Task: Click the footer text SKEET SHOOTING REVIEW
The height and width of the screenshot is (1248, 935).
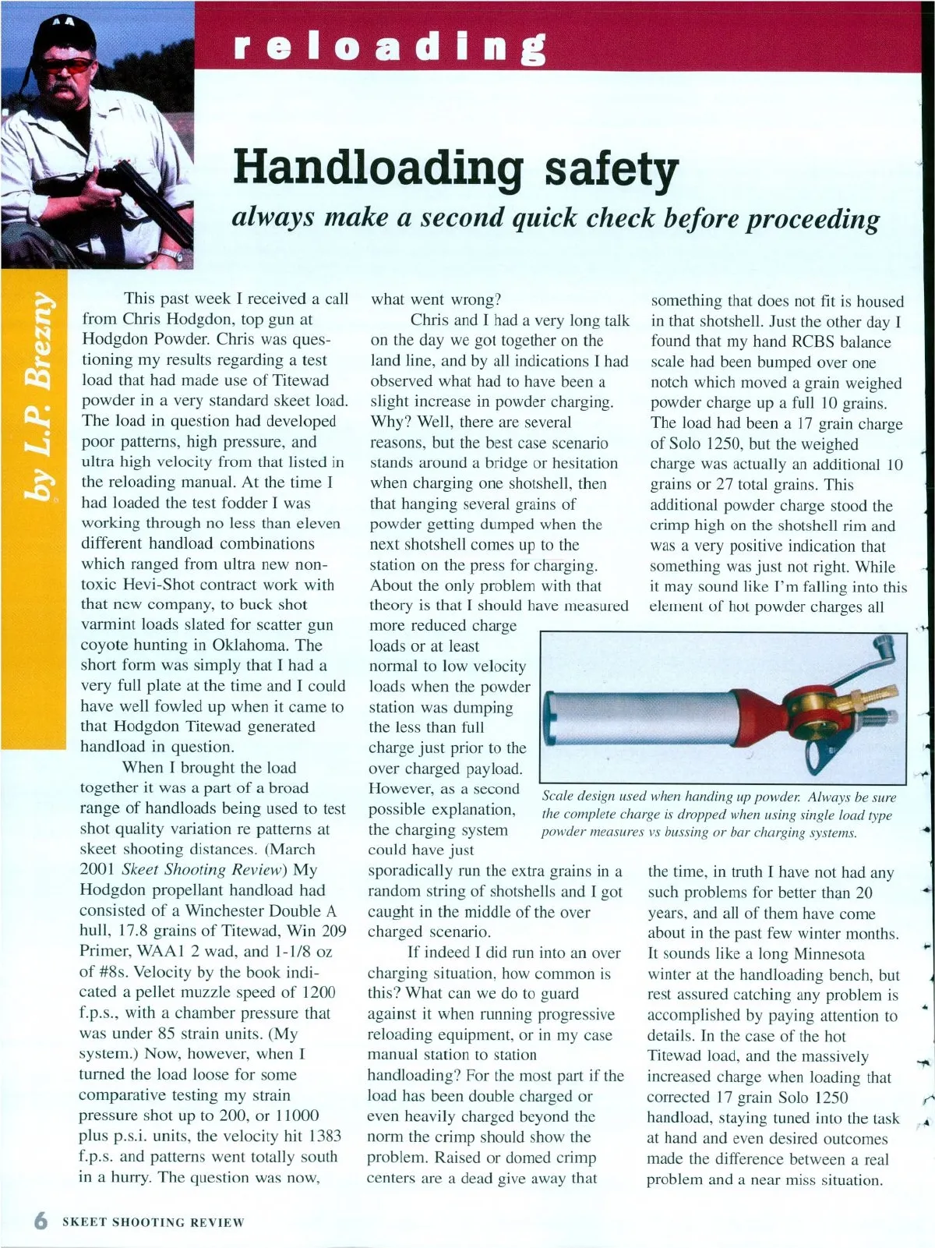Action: coord(153,1221)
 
